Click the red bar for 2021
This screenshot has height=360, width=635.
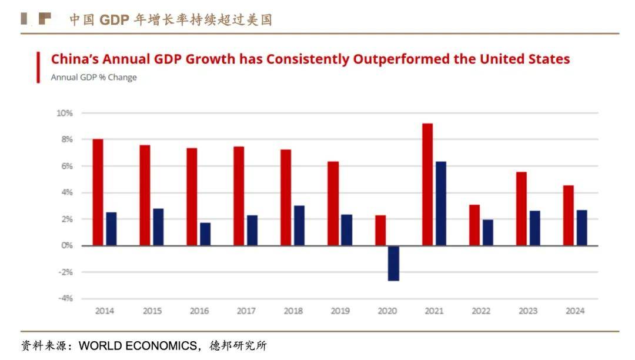427,184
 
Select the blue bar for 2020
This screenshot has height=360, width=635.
393,263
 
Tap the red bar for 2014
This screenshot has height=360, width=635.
98,192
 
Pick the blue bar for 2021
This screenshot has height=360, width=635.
440,204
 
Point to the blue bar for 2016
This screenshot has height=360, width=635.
205,234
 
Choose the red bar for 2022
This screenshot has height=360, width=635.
474,225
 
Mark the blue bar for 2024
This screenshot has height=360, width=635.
581,228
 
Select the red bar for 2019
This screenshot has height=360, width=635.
333,204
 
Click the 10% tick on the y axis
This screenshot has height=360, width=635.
65,113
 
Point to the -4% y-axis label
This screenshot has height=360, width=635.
65,298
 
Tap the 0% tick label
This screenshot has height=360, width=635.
66,245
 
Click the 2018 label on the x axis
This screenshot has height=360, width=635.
293,311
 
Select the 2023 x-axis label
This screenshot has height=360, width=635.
528,311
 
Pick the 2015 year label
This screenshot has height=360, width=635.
152,311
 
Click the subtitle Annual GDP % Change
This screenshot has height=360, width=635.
93,77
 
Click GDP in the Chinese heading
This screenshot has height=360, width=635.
114,19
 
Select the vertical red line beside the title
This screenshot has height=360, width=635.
39,67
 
